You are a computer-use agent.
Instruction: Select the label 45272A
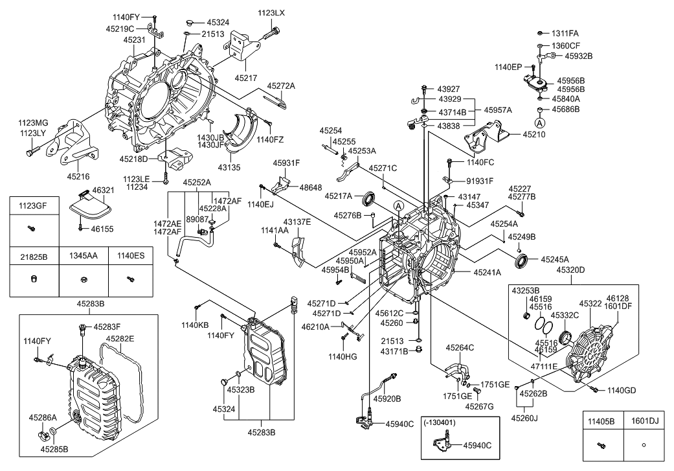[x=281, y=86]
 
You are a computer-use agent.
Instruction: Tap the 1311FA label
[x=565, y=33]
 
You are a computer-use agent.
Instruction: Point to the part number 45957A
[x=497, y=110]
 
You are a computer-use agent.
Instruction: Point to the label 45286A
[x=43, y=418]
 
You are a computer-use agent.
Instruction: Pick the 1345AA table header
[x=84, y=256]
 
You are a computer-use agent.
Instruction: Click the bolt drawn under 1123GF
[x=30, y=227]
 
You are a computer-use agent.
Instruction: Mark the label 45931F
[x=286, y=163]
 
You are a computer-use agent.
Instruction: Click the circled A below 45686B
[x=539, y=121]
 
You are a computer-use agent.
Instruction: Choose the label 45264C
[x=460, y=348]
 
